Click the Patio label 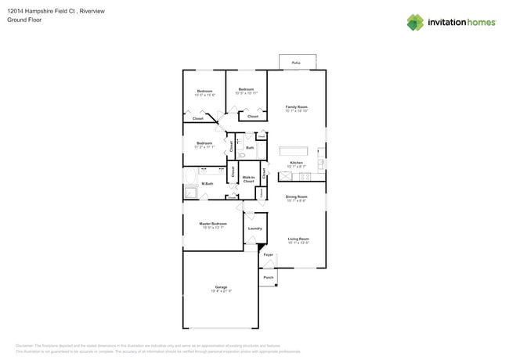pos(296,62)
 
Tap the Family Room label pos(296,106)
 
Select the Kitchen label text pos(296,163)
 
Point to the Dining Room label pos(296,197)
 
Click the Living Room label pos(298,239)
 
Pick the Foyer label pos(268,255)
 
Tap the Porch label pos(268,277)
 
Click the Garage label pos(221,287)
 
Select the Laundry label pos(254,229)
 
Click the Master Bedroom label pos(213,224)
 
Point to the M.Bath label pos(208,184)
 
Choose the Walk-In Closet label pos(248,179)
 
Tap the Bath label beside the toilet pos(250,147)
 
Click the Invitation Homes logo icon pos(414,23)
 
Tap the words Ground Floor pos(24,20)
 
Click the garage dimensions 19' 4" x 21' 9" pos(221,291)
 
